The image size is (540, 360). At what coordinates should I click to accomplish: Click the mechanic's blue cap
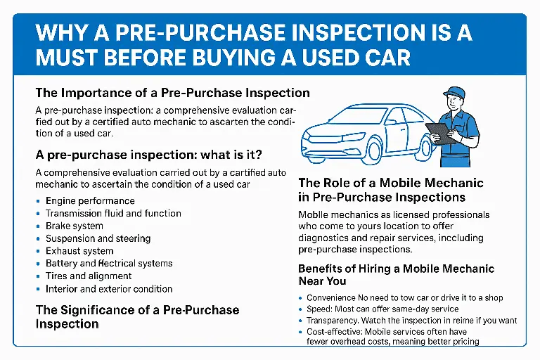pyautogui.click(x=454, y=92)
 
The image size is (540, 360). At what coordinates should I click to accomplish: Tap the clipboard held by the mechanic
pyautogui.click(x=440, y=133)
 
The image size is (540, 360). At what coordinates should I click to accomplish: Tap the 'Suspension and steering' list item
pyautogui.click(x=98, y=238)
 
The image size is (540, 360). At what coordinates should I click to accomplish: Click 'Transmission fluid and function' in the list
pyautogui.click(x=113, y=213)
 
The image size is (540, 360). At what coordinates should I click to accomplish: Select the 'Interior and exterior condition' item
pyautogui.click(x=109, y=289)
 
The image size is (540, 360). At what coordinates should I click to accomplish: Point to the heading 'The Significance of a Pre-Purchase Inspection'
pyautogui.click(x=137, y=316)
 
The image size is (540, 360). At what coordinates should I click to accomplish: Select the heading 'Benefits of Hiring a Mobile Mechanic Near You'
pyautogui.click(x=396, y=275)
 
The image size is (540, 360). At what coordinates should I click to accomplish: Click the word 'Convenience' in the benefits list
pyautogui.click(x=333, y=297)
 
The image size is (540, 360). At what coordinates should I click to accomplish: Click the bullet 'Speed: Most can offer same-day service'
pyautogui.click(x=382, y=309)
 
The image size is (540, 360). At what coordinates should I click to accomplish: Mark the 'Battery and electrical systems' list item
pyautogui.click(x=109, y=264)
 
